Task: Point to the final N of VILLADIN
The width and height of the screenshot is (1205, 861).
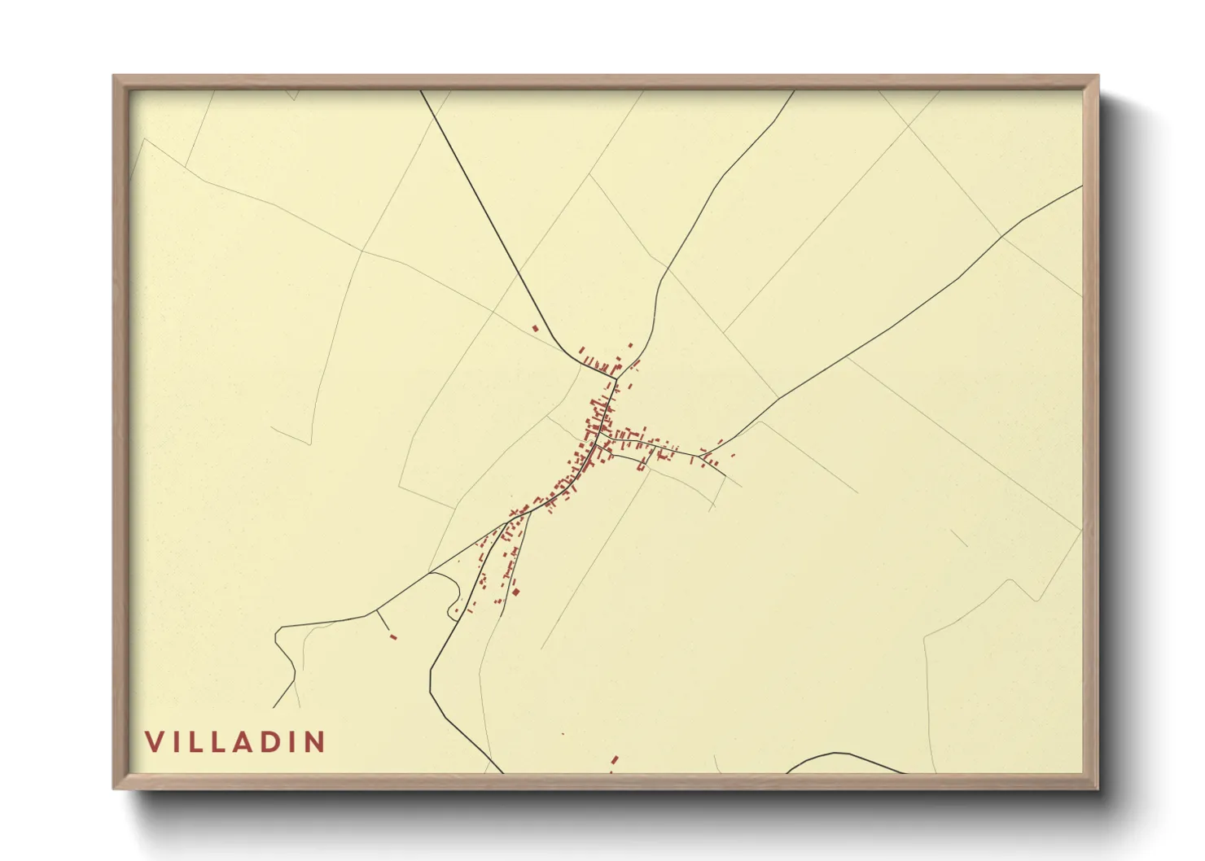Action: click(315, 741)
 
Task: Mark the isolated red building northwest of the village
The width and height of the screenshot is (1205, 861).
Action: click(535, 329)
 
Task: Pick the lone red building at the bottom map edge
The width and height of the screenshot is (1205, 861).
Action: click(615, 759)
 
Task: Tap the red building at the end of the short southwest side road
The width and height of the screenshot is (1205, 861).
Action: click(393, 636)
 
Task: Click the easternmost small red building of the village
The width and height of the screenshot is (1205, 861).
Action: click(733, 455)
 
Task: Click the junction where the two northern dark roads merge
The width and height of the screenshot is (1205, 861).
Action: click(616, 377)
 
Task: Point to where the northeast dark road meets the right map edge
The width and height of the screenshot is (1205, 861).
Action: click(1081, 186)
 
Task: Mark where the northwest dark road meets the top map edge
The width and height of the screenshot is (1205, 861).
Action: click(421, 90)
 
